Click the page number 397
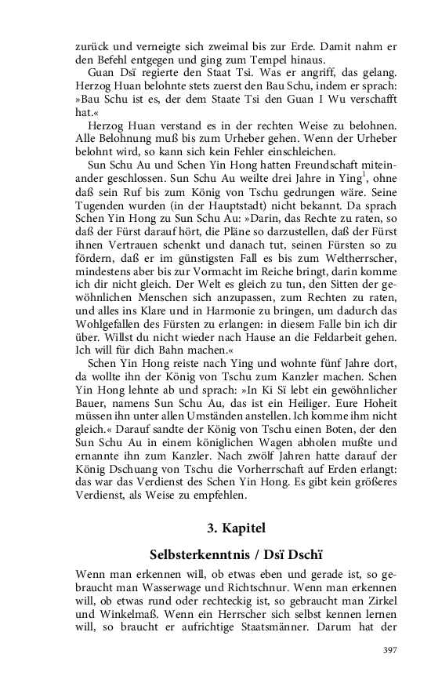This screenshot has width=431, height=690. point(390,650)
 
